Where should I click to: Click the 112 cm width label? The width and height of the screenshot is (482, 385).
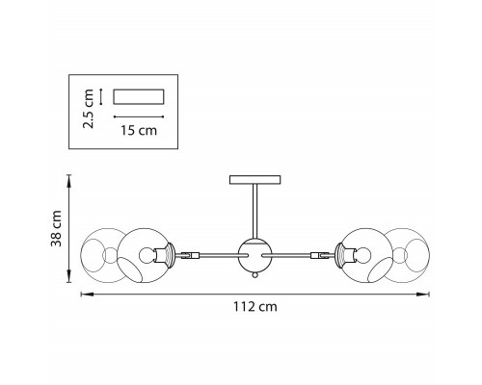[x=255, y=307]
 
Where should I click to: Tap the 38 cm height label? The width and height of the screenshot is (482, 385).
[x=56, y=228]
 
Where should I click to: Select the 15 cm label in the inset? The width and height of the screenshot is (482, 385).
[x=139, y=131]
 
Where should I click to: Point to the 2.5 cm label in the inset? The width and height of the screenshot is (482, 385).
[x=88, y=109]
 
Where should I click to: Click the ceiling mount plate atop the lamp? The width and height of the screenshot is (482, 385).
[x=255, y=180]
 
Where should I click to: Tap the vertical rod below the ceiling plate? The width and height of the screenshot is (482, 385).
[x=255, y=212]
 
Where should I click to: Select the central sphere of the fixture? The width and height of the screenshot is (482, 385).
[x=255, y=255]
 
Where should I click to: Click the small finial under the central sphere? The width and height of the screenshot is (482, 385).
[x=255, y=275]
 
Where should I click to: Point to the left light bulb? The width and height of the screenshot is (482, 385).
[x=147, y=255]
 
